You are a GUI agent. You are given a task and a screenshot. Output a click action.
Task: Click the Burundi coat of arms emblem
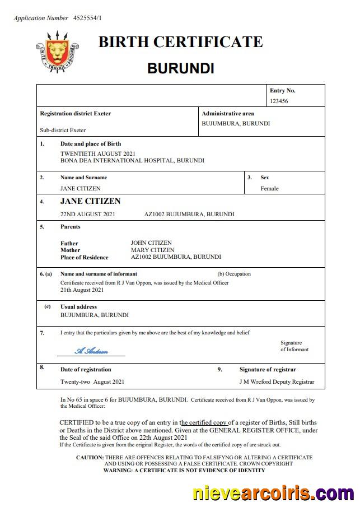tap(57, 52)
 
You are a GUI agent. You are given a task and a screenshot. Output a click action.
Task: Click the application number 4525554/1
tap(88, 18)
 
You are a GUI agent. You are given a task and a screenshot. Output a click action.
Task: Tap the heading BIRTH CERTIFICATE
tap(180, 42)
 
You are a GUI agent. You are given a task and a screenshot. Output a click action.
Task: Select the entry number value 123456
tap(279, 101)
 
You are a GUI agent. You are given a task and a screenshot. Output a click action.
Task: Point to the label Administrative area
tap(227, 113)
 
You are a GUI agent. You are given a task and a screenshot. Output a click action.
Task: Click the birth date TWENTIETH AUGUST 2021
tap(97, 153)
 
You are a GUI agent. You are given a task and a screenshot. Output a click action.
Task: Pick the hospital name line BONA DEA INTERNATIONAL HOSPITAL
tap(132, 160)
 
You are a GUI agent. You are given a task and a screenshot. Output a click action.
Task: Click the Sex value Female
tap(269, 188)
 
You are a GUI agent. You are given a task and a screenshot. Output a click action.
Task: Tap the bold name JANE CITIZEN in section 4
tap(90, 201)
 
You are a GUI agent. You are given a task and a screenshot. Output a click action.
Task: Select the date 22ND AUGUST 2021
tap(88, 214)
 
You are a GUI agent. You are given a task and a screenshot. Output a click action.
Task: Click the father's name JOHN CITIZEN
tap(151, 243)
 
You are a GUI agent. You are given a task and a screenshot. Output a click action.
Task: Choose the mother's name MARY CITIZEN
tap(152, 250)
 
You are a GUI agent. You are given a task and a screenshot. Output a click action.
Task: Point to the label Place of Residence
tap(85, 257)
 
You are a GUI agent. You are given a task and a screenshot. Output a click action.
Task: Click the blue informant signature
tap(91, 351)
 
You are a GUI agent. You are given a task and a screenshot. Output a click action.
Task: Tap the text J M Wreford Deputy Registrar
tap(277, 382)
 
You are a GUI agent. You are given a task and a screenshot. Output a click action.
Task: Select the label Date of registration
tap(86, 370)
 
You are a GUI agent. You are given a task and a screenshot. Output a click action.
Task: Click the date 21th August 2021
tap(82, 290)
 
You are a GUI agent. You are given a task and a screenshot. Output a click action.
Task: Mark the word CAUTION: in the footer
tap(90, 458)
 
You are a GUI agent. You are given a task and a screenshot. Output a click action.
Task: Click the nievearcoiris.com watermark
tap(273, 494)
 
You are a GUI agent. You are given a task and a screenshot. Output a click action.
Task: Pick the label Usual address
tap(78, 307)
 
